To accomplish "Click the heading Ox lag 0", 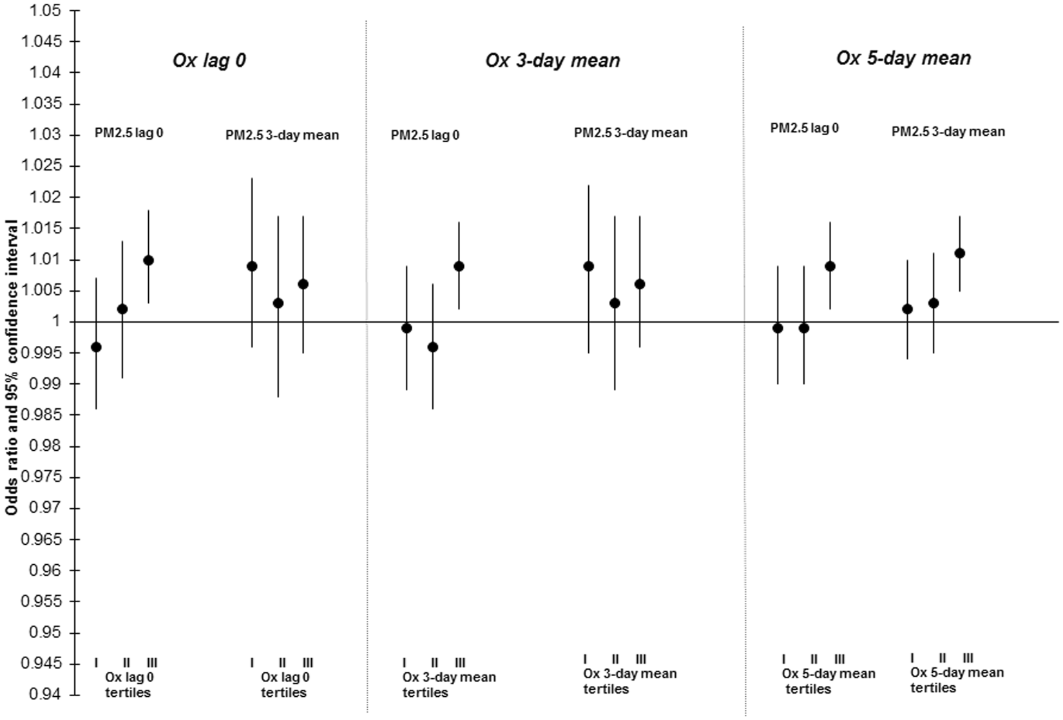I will tap(209, 61).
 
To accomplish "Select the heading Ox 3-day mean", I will tap(552, 61).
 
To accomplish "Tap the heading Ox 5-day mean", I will tap(903, 58).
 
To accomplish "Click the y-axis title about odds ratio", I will tap(12, 366).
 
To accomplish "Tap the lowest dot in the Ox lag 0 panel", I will tap(96, 347).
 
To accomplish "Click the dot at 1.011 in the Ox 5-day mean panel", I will tap(959, 253).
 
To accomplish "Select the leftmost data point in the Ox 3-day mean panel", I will tap(407, 328).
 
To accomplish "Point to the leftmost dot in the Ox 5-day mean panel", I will tap(778, 328).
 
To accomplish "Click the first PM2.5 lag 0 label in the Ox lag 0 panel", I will tap(128, 134).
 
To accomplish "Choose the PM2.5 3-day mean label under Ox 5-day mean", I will tap(948, 131).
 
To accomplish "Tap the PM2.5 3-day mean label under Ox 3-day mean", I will tap(630, 133).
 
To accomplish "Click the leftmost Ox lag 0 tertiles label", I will tap(128, 685).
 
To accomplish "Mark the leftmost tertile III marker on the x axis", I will tap(152, 663).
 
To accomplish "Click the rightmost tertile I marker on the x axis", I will tap(912, 658).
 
